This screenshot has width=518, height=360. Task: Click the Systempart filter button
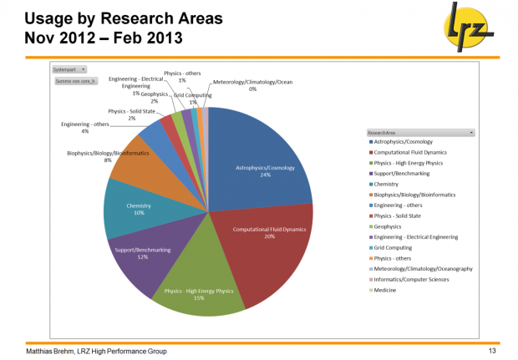click(70, 70)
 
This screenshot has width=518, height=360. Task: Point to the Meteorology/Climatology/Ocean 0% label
click(252, 85)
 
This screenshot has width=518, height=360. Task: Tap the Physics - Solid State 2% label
click(131, 114)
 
